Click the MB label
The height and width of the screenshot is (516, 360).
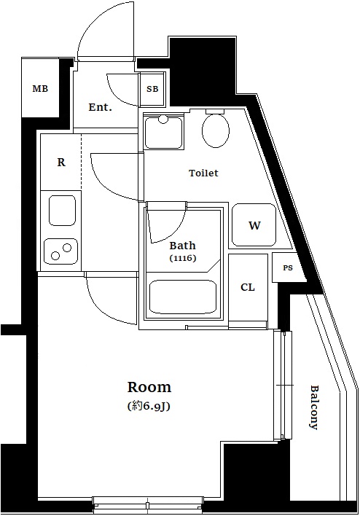pyautogui.click(x=40, y=88)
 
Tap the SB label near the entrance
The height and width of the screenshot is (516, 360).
pyautogui.click(x=152, y=89)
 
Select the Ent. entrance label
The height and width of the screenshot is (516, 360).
pyautogui.click(x=101, y=107)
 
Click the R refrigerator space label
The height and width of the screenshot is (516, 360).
pyautogui.click(x=61, y=163)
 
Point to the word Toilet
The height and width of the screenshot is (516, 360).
pyautogui.click(x=204, y=173)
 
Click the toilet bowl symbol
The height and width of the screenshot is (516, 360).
pyautogui.click(x=216, y=130)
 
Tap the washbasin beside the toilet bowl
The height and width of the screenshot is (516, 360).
pyautogui.click(x=163, y=131)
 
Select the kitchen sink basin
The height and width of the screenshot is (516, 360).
pyautogui.click(x=62, y=211)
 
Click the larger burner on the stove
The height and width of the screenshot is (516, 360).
pyautogui.click(x=68, y=248)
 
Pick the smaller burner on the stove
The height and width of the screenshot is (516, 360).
pyautogui.click(x=55, y=255)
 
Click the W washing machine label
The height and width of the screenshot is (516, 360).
pyautogui.click(x=254, y=225)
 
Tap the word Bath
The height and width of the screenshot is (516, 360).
pyautogui.click(x=182, y=246)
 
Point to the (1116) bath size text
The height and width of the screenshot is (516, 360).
pyautogui.click(x=183, y=258)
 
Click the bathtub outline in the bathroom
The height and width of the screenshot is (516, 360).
pyautogui.click(x=183, y=297)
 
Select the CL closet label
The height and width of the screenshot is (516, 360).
pyautogui.click(x=248, y=287)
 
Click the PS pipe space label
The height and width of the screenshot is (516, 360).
pyautogui.click(x=288, y=268)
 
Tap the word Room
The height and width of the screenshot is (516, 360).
pyautogui.click(x=149, y=387)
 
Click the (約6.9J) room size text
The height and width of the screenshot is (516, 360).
pyautogui.click(x=149, y=407)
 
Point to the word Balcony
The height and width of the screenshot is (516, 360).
pyautogui.click(x=314, y=407)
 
